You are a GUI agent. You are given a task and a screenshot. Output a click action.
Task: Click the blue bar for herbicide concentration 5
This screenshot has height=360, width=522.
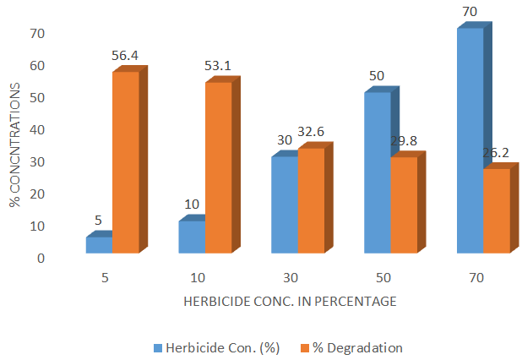pos(100,244)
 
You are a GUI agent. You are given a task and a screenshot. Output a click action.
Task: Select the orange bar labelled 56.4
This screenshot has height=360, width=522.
pos(125,162)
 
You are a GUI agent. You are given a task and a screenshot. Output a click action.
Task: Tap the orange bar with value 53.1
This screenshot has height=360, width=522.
pos(218,167)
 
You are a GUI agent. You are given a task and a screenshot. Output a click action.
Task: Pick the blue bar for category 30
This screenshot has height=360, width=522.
pos(285,205)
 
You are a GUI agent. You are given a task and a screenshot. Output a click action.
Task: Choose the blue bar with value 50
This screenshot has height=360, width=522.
pos(377,172)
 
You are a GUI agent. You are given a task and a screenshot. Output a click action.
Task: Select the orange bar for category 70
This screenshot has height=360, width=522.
pos(496,210)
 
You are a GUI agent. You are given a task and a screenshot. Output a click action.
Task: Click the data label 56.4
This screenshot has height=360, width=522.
pos(124,56)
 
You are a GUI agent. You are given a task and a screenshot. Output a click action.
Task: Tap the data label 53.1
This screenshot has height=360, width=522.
pos(217,65)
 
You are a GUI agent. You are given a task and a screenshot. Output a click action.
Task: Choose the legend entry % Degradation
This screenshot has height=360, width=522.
pos(355,347)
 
